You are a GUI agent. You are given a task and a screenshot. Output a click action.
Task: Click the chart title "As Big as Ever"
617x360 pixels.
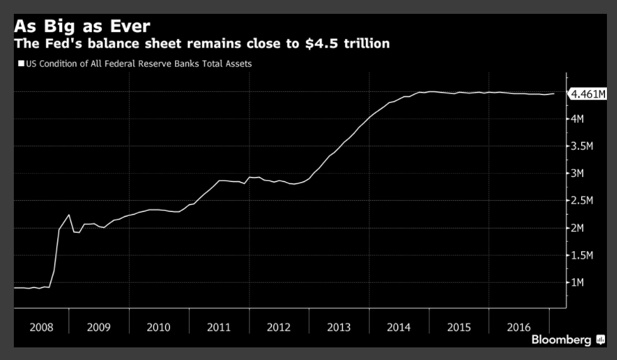82,27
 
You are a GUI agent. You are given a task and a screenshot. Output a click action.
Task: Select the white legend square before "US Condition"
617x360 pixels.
21,64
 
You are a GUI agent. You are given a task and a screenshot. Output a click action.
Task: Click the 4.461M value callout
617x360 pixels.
588,94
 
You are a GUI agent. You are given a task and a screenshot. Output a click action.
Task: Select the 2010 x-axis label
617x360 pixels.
158,327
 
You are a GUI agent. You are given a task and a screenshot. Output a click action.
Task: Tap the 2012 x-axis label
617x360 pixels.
278,327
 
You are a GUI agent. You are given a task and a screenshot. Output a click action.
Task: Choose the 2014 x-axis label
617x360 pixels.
399,327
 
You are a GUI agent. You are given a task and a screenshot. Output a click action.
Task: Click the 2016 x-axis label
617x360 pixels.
519,327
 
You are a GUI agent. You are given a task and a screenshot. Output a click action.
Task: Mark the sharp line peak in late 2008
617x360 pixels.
69,215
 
